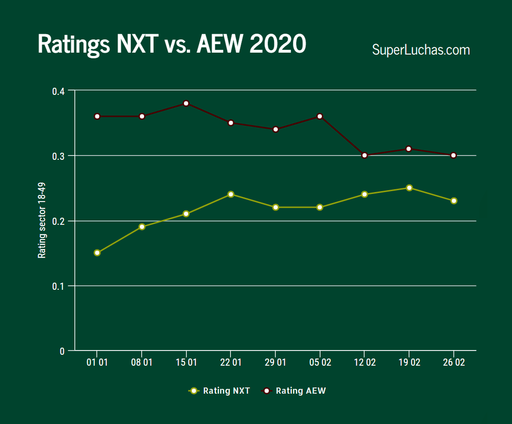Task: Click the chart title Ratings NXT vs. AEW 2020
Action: [172, 45]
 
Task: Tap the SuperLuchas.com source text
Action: [421, 50]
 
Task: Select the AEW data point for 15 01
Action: [186, 103]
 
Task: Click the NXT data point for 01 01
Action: [97, 253]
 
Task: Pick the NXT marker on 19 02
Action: [409, 188]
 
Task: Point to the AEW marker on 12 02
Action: [365, 156]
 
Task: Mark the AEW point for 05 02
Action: [320, 116]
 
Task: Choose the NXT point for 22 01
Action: [231, 194]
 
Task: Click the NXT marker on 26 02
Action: [454, 201]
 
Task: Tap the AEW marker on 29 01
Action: [275, 129]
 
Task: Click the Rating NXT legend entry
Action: [219, 391]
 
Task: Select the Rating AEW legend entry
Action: [294, 391]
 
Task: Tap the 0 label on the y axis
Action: [62, 351]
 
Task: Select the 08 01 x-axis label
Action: [142, 363]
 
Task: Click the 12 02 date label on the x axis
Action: [365, 363]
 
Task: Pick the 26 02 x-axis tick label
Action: [454, 363]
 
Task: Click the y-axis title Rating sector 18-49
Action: [42, 221]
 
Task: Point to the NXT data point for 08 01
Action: [142, 227]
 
